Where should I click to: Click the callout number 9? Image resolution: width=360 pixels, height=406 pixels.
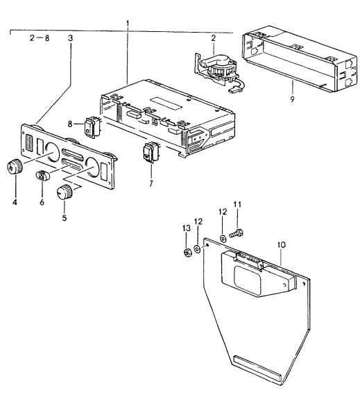coord(292,99)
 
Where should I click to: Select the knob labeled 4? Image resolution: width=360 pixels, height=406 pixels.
coord(15,167)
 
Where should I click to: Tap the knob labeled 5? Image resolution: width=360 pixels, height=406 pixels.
coord(65,192)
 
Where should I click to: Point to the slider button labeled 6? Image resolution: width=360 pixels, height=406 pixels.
coord(42,176)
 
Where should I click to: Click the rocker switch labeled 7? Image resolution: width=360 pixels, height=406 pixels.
coord(151,153)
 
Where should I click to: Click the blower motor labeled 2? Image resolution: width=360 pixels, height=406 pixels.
coord(219,70)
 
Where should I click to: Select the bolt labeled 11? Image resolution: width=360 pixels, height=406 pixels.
coord(237,234)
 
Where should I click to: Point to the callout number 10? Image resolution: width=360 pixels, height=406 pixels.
coord(282,245)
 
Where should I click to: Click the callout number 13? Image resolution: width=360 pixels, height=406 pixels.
coord(187,228)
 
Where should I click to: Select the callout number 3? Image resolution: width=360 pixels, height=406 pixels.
coord(70,38)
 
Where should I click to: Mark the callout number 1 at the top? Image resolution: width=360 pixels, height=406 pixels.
coord(128,24)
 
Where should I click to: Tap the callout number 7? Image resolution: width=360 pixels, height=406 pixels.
coord(151,184)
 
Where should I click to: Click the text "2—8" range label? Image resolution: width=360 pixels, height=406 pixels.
coord(40,38)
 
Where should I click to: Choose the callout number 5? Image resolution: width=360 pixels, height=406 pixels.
coord(65,218)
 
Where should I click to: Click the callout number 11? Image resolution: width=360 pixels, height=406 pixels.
coord(237,205)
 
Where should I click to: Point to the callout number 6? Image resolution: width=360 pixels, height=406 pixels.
coord(42,202)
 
